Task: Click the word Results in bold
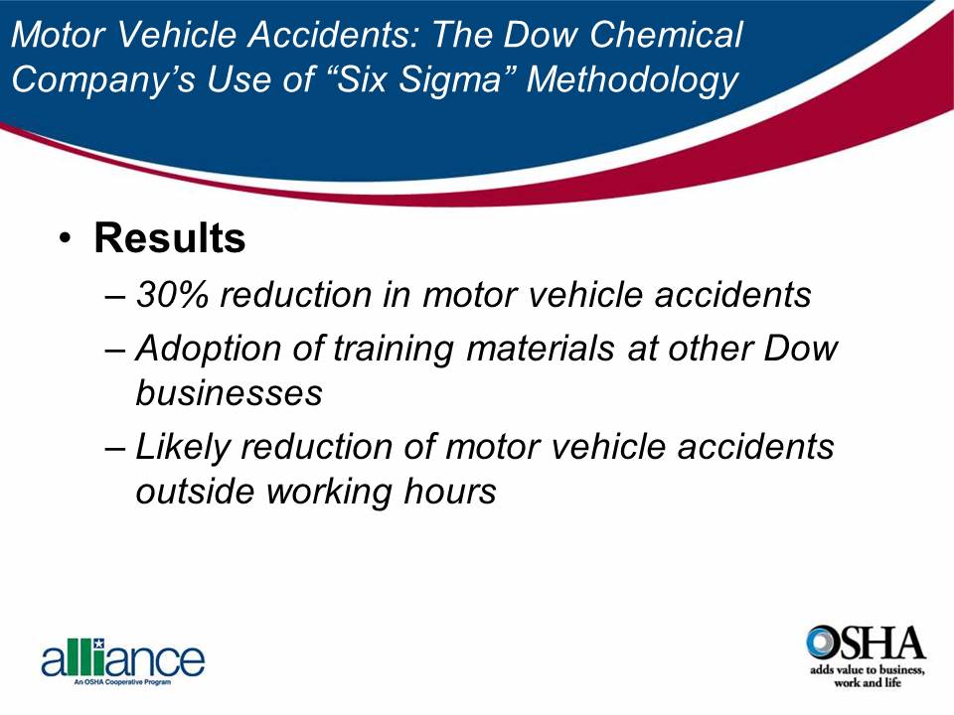tap(170, 239)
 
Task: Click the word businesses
tap(229, 393)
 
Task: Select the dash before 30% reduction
tap(115, 296)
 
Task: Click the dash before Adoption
tap(115, 351)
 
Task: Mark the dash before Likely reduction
tap(115, 448)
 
